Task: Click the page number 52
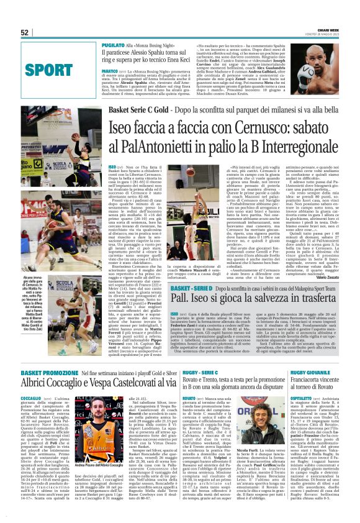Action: (x=25, y=32)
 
